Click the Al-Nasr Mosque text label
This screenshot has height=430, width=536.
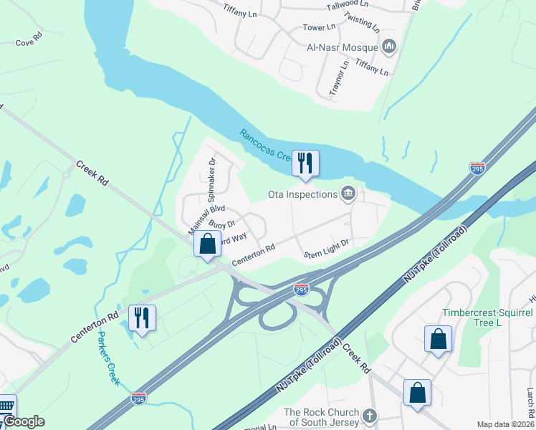pyautogui.click(x=341, y=47)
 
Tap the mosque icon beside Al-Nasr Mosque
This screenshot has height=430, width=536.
pyautogui.click(x=389, y=47)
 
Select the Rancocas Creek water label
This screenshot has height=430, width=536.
pyautogui.click(x=265, y=145)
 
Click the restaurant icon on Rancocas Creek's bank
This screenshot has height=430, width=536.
pyautogui.click(x=306, y=163)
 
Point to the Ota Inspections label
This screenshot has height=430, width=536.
pyautogui.click(x=302, y=194)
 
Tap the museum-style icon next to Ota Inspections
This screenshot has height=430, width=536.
pyautogui.click(x=348, y=193)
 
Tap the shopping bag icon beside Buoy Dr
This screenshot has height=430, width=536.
pyautogui.click(x=207, y=244)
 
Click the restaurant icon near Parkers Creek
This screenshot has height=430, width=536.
pyautogui.click(x=141, y=318)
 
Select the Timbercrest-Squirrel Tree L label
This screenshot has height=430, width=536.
pyautogui.click(x=487, y=317)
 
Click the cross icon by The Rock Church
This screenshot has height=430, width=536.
pyautogui.click(x=369, y=416)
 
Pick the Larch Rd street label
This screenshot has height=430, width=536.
pyautogui.click(x=530, y=403)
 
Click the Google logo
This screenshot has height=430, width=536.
pyautogui.click(x=24, y=421)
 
